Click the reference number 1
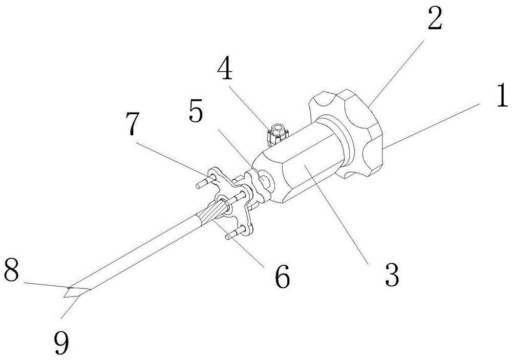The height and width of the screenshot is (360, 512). [501, 95]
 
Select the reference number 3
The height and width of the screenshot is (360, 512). [392, 274]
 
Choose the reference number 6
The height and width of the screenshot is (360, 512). [282, 276]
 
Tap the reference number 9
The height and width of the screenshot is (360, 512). [62, 343]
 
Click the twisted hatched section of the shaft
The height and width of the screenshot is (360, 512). [212, 213]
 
